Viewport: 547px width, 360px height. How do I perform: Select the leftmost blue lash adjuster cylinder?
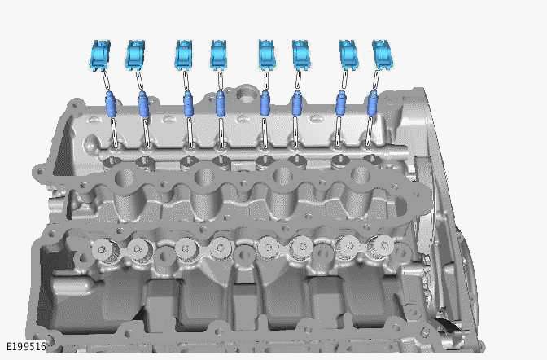(x=112, y=105)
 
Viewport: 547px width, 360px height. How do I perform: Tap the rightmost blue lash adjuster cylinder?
(x=373, y=103)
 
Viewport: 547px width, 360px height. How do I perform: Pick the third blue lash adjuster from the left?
(x=188, y=105)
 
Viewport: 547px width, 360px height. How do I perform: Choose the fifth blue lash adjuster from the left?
(x=265, y=104)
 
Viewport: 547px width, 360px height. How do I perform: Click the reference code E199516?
(x=25, y=346)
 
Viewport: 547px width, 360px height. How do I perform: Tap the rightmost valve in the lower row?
(x=380, y=244)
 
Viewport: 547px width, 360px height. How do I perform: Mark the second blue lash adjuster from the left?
(x=144, y=105)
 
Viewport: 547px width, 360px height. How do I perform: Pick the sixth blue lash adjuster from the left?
(x=296, y=104)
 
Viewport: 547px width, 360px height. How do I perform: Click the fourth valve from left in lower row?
(x=221, y=246)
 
